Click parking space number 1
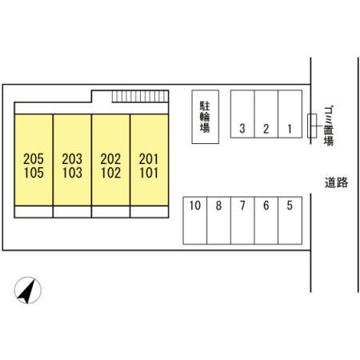[290, 114]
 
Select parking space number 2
[266, 114]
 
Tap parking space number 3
[242, 114]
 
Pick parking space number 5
[290, 221]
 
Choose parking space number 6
[266, 221]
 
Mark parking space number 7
[242, 221]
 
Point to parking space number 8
[218, 221]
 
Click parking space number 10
[195, 221]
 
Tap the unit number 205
[34, 159]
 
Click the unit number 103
[72, 173]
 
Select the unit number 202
[110, 159]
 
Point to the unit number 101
[149, 173]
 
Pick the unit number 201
[149, 159]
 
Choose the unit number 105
[34, 173]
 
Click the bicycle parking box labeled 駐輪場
[206, 117]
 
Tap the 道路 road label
[336, 183]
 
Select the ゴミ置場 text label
[329, 126]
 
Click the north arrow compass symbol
[28, 290]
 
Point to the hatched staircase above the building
[140, 96]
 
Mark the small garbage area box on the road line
[312, 126]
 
